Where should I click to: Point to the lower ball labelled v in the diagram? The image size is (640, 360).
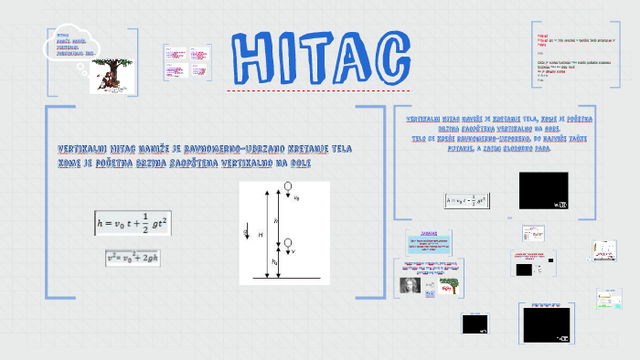pyautogui.click(x=289, y=244)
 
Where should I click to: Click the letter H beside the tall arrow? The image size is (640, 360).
pyautogui.click(x=261, y=235)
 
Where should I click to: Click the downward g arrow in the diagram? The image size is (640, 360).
pyautogui.click(x=246, y=232)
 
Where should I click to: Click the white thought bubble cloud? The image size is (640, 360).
pyautogui.click(x=69, y=43)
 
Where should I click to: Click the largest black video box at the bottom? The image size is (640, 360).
pyautogui.click(x=547, y=323)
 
